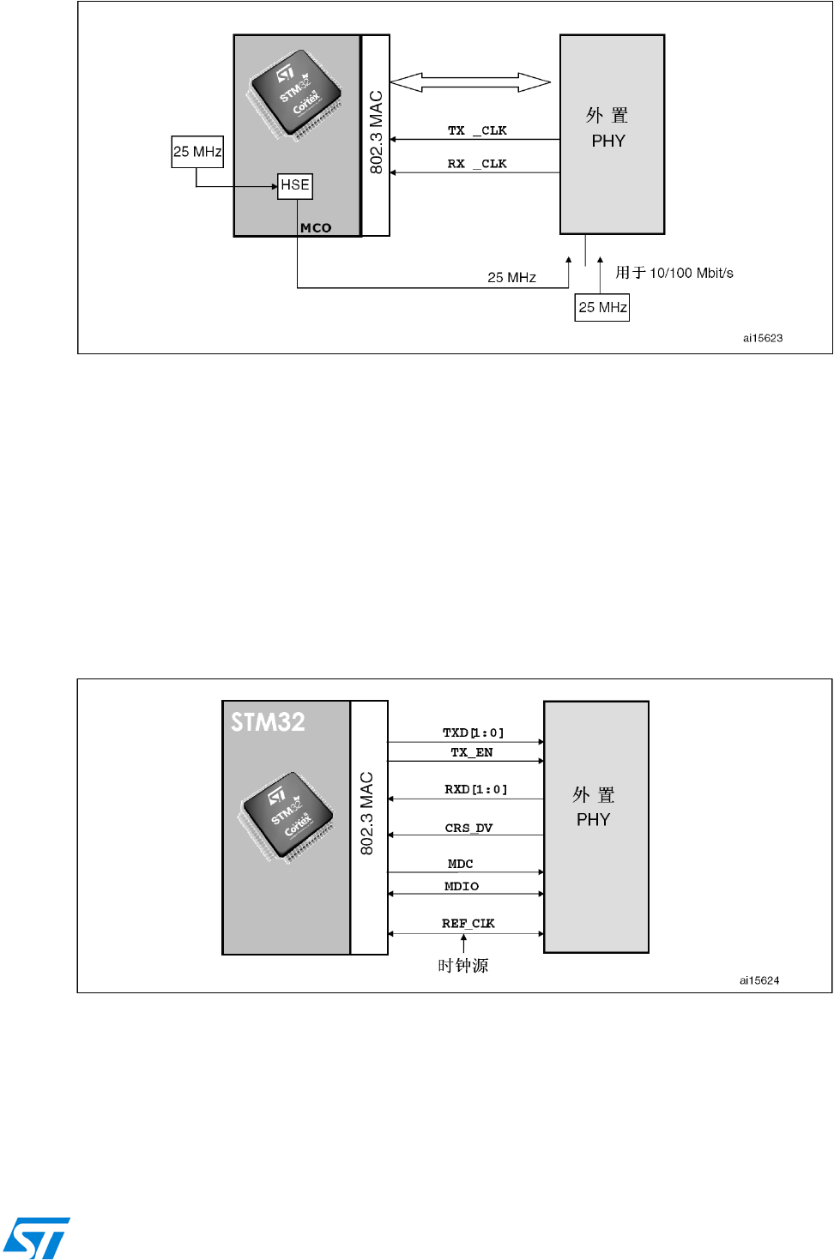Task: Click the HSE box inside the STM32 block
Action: tap(295, 186)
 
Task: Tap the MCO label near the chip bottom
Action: tap(316, 228)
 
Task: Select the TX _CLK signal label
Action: tap(477, 130)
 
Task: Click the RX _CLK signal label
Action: tap(477, 164)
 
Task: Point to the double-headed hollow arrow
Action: tap(470, 82)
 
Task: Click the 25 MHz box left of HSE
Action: tap(197, 152)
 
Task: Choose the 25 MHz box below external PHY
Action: tap(602, 308)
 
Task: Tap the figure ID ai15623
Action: tap(763, 338)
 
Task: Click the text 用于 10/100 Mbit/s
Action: tap(674, 273)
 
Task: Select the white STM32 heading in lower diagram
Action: tap(268, 722)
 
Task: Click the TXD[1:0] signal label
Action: tap(474, 732)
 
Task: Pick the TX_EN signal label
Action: tap(472, 752)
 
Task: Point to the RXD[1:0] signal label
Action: tap(476, 789)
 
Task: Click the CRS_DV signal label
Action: tap(468, 828)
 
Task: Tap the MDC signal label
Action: tap(461, 864)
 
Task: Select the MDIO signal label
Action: tap(462, 887)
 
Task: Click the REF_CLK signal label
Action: tap(468, 924)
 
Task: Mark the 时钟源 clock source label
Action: tap(463, 966)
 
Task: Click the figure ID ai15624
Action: tap(759, 980)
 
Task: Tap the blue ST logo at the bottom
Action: tap(36, 1238)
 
